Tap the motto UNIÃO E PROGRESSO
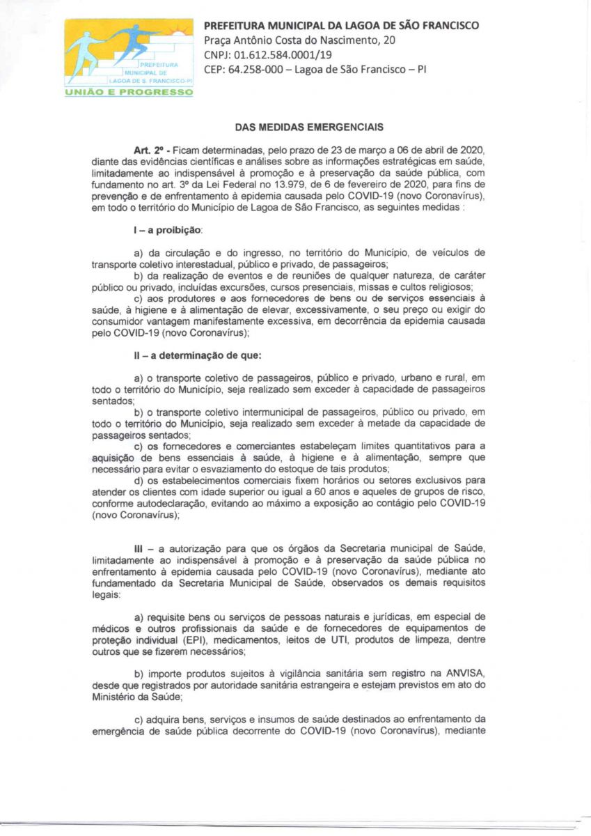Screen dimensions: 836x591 pos(129,92)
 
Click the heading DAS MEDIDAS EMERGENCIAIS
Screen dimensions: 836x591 pos(296,127)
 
